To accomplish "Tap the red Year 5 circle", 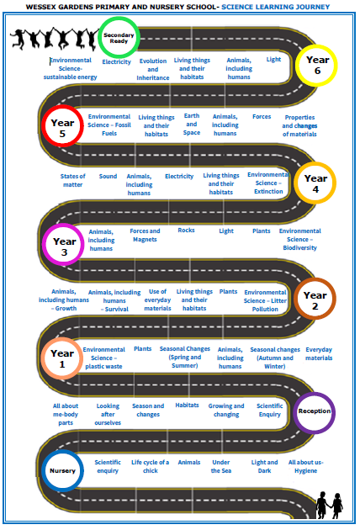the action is (x=44, y=125).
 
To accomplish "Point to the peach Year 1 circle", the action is (x=43, y=358).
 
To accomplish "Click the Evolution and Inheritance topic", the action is (x=153, y=69).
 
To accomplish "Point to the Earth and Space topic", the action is (x=192, y=124).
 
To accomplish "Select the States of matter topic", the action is (x=72, y=180).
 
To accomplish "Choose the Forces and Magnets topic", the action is (x=145, y=235).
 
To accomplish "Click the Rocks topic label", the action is (x=186, y=231).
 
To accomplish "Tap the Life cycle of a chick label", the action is (x=150, y=466).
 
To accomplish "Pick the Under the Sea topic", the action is (x=221, y=466).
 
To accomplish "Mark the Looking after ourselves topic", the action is (x=108, y=414).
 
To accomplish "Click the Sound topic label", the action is (x=108, y=176).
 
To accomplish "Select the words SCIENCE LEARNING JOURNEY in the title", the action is (x=276, y=7).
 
